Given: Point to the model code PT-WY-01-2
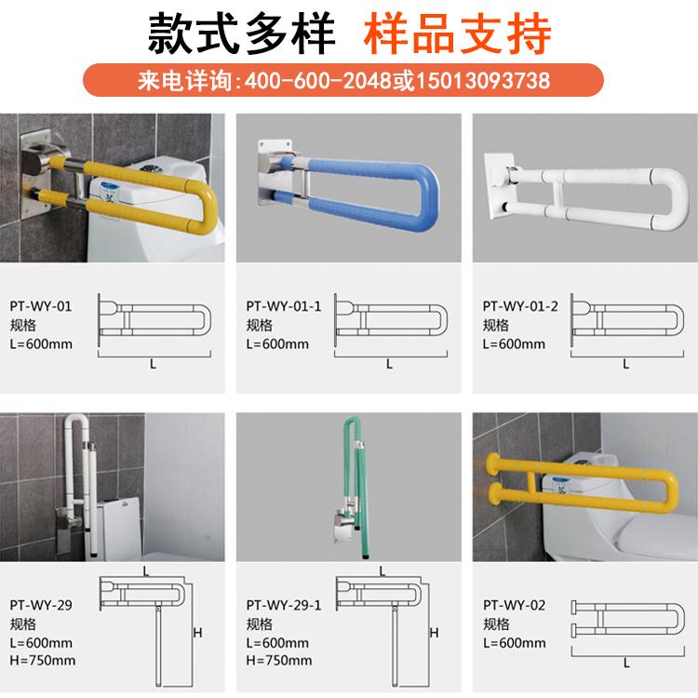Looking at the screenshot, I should tap(520, 306).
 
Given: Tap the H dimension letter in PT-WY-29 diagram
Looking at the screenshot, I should tap(197, 633).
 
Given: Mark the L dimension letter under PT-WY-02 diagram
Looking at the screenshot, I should tap(625, 663).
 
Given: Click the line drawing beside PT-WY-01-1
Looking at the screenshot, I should tap(389, 321).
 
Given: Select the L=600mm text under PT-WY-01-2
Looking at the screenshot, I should tap(514, 343).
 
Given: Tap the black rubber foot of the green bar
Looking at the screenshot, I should tap(361, 556).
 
